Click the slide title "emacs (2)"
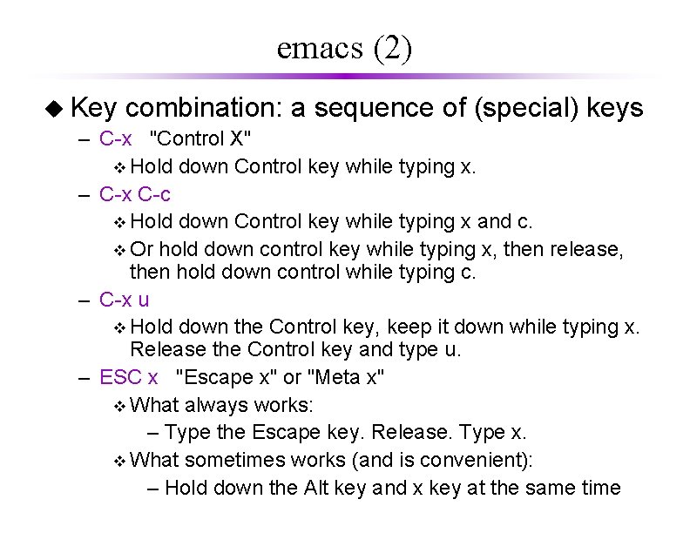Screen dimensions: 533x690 point(344,48)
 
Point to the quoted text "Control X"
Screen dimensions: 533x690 point(201,138)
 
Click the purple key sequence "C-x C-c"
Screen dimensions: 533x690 point(135,193)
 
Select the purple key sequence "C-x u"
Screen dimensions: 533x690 point(124,300)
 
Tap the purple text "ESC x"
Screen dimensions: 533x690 point(129,377)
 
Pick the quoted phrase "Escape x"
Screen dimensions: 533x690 point(226,377)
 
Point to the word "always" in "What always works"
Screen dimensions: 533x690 point(214,405)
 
